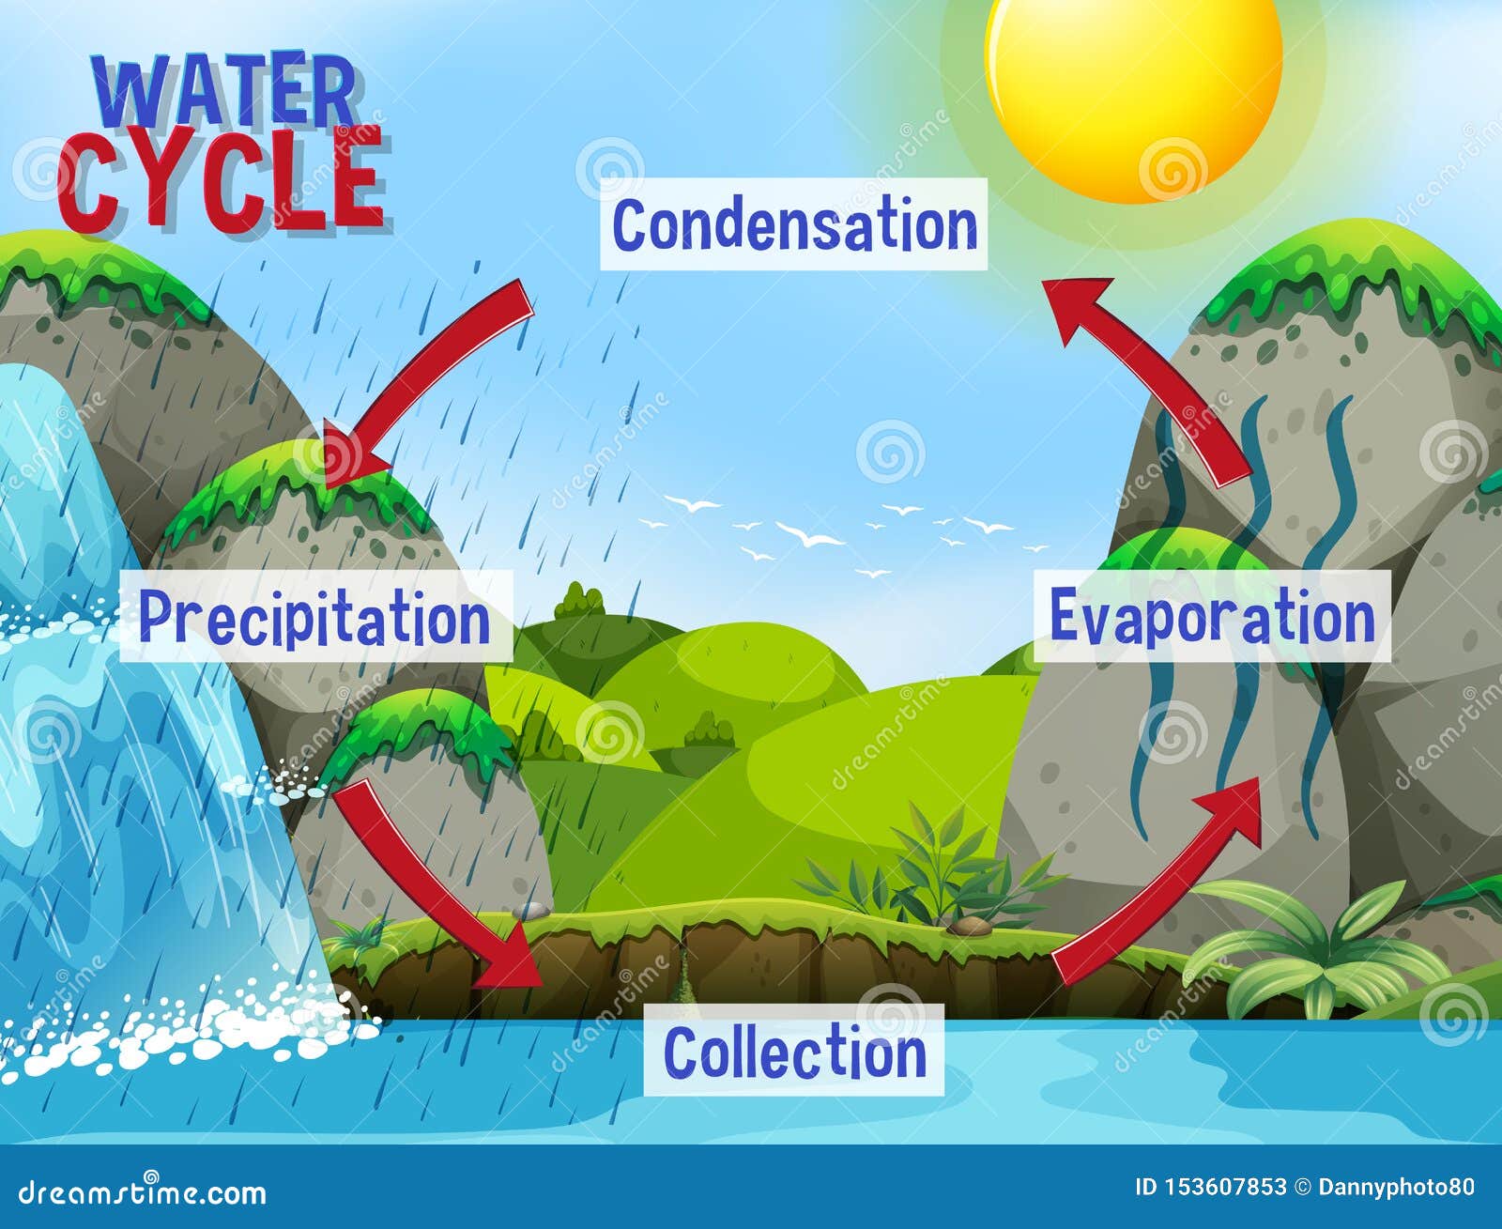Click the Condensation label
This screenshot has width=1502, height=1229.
(x=794, y=224)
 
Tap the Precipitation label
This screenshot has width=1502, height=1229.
(x=315, y=616)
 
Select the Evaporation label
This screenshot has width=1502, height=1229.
(x=1212, y=616)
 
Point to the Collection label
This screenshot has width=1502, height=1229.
(x=794, y=1051)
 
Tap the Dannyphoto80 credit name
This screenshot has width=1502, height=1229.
(x=1397, y=1188)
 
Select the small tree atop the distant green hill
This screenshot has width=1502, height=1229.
(x=578, y=601)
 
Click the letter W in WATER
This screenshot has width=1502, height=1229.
(x=131, y=93)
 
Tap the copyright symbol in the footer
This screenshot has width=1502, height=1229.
(x=1302, y=1188)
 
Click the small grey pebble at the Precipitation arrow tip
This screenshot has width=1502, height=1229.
(x=529, y=910)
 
